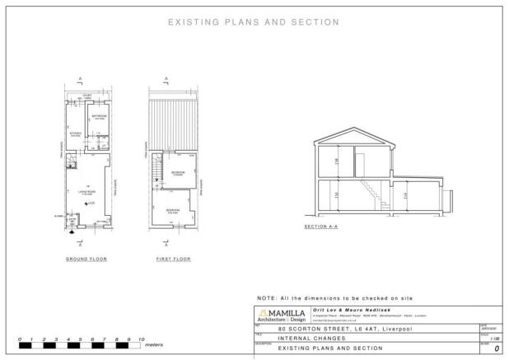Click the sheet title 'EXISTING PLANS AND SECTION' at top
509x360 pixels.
point(254,21)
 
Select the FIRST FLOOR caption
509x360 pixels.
point(173,259)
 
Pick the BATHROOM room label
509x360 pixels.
point(99,118)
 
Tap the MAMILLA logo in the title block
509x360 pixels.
point(282,315)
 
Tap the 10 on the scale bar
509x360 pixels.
point(142,339)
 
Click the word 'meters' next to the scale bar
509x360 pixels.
point(153,346)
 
